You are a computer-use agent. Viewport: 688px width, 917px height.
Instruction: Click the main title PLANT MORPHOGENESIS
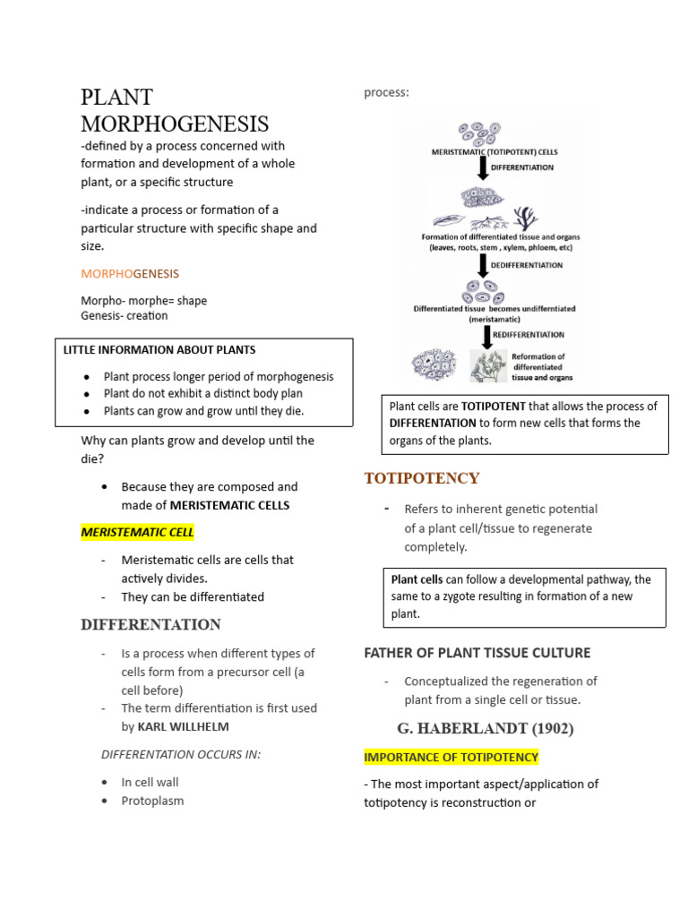[175, 110]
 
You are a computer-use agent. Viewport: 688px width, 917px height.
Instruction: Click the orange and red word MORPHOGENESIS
[130, 273]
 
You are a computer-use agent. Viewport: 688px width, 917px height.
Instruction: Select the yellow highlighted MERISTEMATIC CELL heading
[137, 532]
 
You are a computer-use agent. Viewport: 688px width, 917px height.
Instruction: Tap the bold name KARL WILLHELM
[183, 726]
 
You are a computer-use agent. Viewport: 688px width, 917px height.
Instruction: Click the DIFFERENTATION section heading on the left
[150, 624]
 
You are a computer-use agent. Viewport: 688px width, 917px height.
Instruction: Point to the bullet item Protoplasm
[152, 801]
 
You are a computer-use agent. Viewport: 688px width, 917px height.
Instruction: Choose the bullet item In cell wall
[150, 782]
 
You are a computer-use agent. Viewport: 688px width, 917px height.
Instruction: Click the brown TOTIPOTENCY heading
[421, 478]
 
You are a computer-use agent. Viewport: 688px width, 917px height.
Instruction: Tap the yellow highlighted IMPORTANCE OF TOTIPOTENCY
[451, 758]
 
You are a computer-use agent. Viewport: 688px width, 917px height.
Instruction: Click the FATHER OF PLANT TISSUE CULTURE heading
[477, 653]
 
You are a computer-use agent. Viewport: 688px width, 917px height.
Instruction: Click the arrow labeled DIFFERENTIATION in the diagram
[484, 167]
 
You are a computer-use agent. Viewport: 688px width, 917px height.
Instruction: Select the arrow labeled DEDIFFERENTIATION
[484, 265]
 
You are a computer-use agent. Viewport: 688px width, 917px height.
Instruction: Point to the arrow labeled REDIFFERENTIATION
[487, 335]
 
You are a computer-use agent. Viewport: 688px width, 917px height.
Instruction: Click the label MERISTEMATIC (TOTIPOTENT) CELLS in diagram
[494, 152]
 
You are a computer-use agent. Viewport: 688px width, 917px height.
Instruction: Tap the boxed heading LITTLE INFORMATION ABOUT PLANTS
[159, 350]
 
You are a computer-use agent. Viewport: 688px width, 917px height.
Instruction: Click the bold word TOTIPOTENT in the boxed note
[494, 407]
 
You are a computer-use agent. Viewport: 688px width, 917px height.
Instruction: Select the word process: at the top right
[386, 92]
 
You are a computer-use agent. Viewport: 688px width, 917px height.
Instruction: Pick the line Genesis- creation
[124, 315]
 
